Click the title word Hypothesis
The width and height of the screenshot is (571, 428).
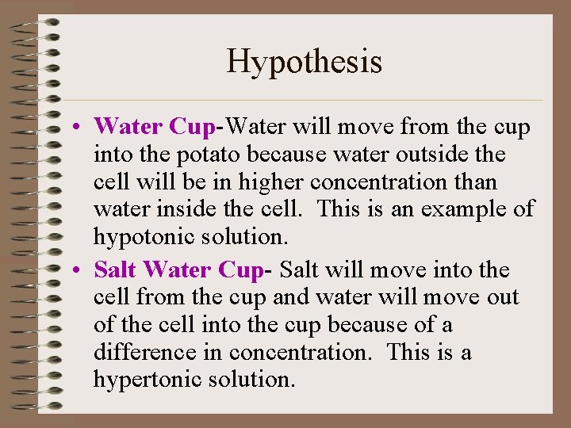click(305, 61)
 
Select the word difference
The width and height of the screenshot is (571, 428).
click(148, 352)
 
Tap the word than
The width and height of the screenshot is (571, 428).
click(478, 182)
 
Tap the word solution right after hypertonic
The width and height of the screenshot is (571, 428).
click(252, 380)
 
